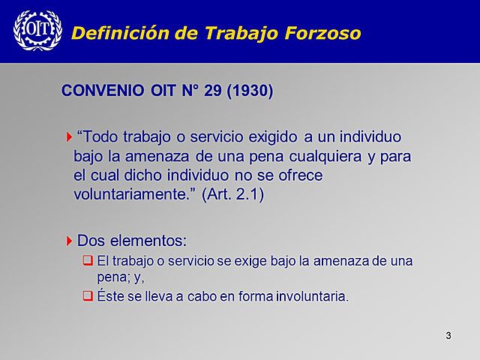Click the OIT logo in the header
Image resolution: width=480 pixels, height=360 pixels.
(33, 31)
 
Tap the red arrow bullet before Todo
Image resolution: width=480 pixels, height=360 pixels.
(69, 137)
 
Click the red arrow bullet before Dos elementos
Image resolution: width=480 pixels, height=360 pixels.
(69, 241)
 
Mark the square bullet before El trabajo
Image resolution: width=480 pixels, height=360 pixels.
(87, 261)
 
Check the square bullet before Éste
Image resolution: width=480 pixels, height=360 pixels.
(87, 295)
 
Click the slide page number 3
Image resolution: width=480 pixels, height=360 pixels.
(448, 334)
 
